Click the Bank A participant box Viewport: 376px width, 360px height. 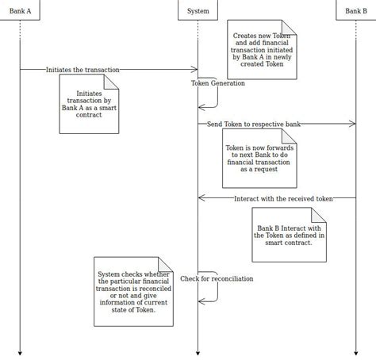[x=20, y=10]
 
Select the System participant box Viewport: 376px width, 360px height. [x=198, y=10]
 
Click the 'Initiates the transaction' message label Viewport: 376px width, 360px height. [x=82, y=70]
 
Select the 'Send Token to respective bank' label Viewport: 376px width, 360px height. [x=254, y=124]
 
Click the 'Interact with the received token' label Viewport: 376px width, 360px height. [x=283, y=197]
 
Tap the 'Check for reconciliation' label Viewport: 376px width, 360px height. [x=217, y=279]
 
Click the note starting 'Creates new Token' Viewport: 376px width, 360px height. [x=262, y=50]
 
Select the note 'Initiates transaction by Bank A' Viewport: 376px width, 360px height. [x=89, y=104]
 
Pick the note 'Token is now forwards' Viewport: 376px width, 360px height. [x=259, y=159]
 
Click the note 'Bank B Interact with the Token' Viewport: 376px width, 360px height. [x=289, y=235]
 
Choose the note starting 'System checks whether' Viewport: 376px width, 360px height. [x=133, y=291]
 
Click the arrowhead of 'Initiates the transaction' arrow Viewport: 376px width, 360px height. [x=194, y=70]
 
